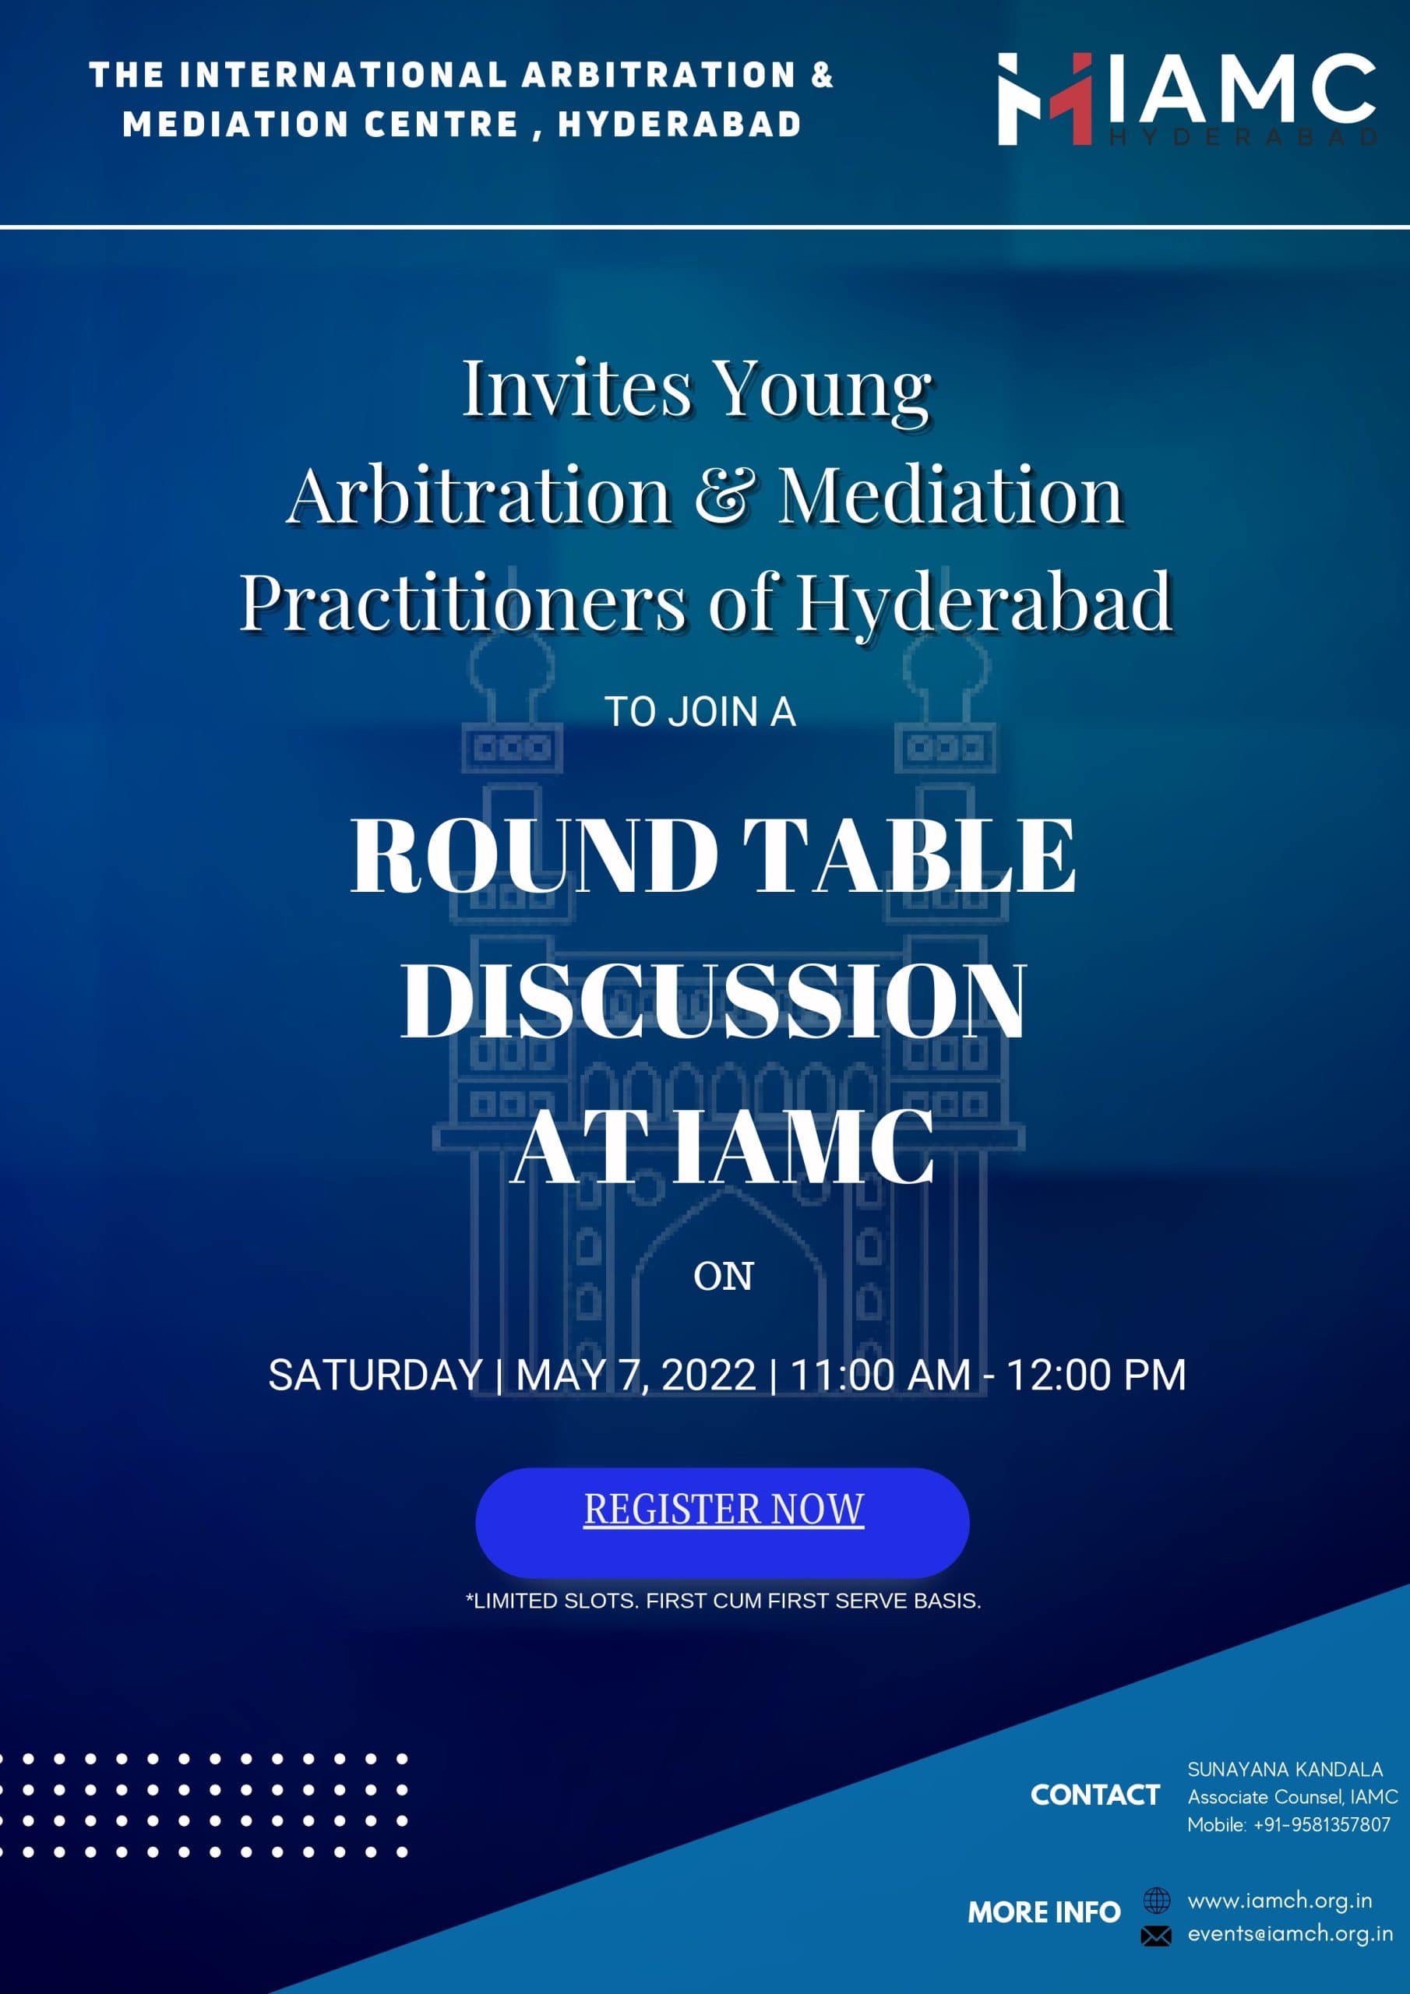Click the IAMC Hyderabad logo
(x=1186, y=99)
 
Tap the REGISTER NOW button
(x=722, y=1523)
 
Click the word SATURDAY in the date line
(x=375, y=1375)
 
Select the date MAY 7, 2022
(x=635, y=1375)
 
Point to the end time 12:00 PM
(x=1095, y=1375)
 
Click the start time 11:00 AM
(x=880, y=1375)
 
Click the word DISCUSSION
(x=714, y=1002)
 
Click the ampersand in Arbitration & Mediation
(x=723, y=495)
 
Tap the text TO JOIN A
(x=700, y=712)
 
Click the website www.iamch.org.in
(x=1280, y=1901)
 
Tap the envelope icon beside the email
(x=1155, y=1935)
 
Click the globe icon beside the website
(x=1156, y=1901)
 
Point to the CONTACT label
(x=1095, y=1795)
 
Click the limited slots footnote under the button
(x=723, y=1600)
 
